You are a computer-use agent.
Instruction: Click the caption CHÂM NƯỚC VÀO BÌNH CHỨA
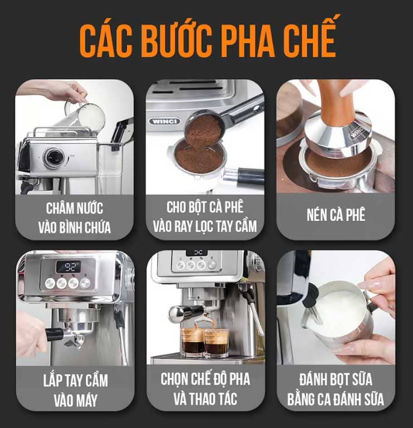point(74,217)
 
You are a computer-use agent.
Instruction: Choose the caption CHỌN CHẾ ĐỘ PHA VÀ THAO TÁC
point(205,389)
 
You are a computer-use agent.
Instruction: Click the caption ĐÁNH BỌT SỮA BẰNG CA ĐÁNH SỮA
point(336,389)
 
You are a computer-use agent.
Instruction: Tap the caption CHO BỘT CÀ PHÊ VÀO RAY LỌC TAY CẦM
point(205,217)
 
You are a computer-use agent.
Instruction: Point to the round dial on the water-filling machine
point(54,157)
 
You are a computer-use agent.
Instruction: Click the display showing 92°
point(68,266)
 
